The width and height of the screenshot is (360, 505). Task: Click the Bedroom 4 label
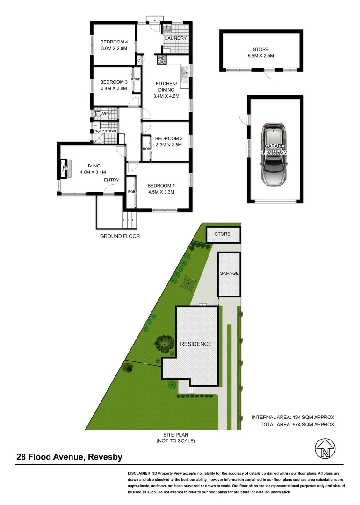click(114, 42)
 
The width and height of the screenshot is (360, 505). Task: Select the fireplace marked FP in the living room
click(65, 168)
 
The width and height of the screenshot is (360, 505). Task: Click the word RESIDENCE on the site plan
click(196, 344)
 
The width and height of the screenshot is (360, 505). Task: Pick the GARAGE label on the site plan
click(229, 274)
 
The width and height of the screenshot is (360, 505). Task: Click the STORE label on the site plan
click(223, 234)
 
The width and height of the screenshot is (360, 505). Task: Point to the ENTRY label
click(111, 180)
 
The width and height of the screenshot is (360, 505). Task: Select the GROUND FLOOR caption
click(120, 236)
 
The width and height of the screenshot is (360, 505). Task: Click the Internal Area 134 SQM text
click(294, 417)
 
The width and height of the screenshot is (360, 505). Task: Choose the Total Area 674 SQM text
click(298, 425)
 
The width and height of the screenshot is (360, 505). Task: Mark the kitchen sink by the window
click(185, 74)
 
